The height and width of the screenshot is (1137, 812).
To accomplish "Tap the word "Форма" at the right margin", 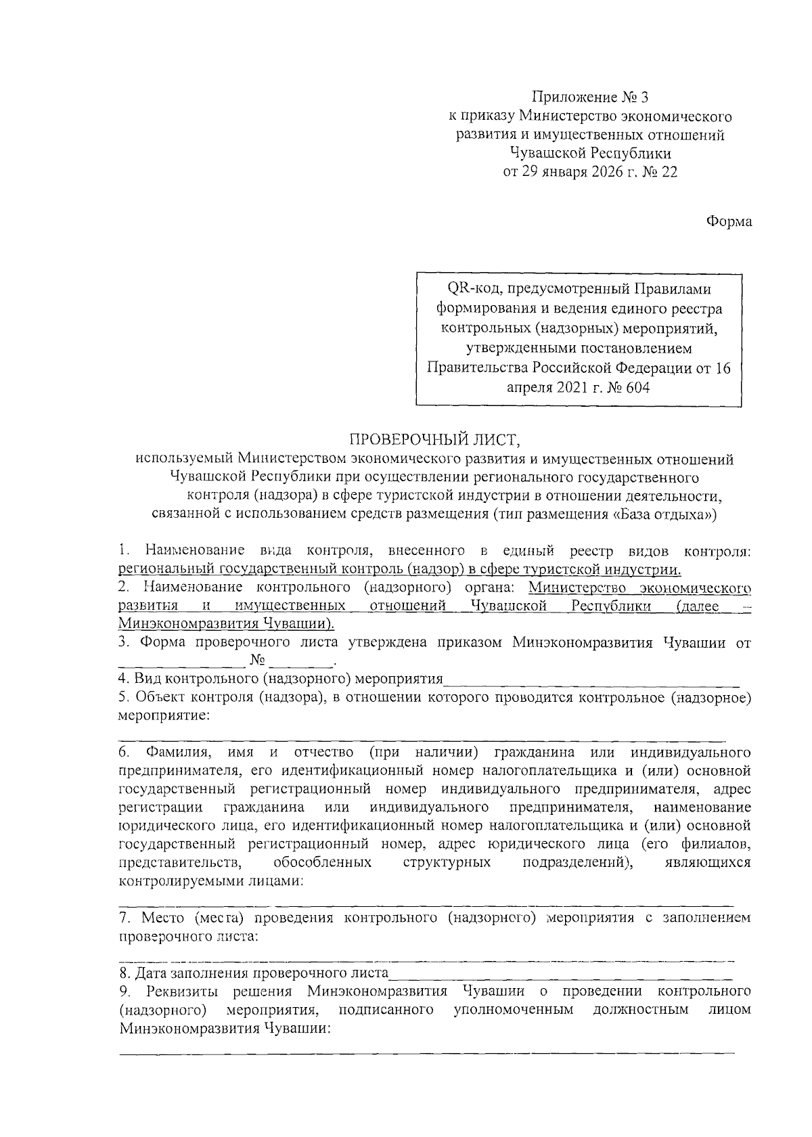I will click(x=729, y=221).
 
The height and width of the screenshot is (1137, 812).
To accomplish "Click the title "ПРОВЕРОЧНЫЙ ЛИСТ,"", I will click(x=434, y=441).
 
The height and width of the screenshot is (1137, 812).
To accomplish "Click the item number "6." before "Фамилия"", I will click(x=125, y=753).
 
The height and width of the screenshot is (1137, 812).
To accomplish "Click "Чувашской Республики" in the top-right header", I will click(x=590, y=154).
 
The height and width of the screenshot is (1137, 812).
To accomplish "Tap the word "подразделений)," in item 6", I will click(x=578, y=863).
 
